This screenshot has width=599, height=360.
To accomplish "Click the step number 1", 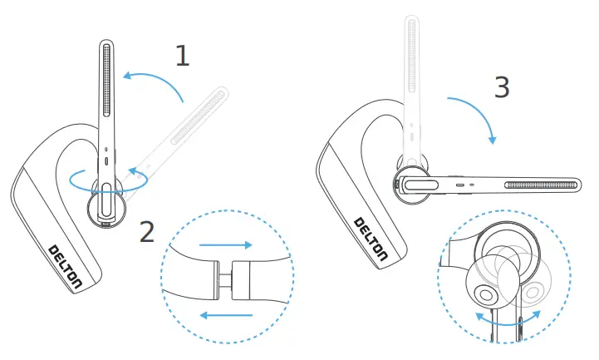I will pos(182,56).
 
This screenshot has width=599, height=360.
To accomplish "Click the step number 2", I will pos(147,232).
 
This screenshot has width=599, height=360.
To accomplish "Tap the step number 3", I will pos(501,87).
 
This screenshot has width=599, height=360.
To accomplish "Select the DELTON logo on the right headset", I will pos(371,239).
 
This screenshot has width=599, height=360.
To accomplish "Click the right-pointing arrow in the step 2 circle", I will pos(225,246).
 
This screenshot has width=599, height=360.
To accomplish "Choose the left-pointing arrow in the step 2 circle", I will pos(227,315).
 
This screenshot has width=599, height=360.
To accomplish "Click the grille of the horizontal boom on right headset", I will pos(539,184).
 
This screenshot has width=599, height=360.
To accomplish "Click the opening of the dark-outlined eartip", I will pos(484,293).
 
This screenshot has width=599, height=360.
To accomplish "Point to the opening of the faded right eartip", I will pos(533,291).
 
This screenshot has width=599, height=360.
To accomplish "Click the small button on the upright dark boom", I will pos(106,159).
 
